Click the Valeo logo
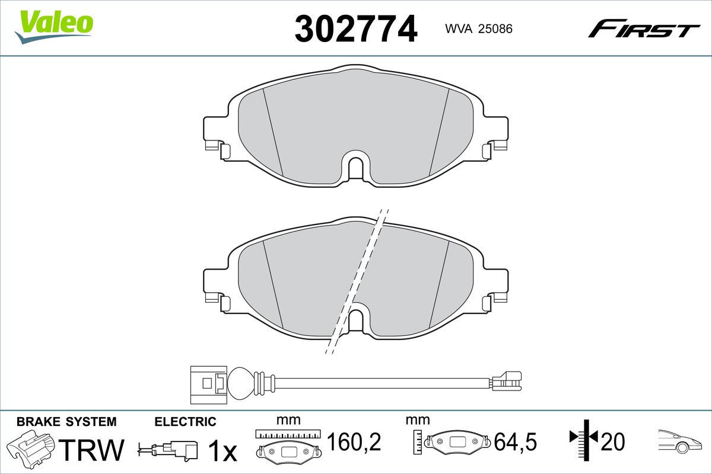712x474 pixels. tap(54, 27)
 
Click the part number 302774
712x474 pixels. tap(355, 29)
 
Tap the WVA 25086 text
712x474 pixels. tap(479, 29)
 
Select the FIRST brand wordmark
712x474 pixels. tap(644, 33)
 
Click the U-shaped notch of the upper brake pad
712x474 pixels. tap(356, 168)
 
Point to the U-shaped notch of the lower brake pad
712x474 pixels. tap(356, 321)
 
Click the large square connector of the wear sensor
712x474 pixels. tap(208, 385)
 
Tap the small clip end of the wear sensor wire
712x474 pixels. tap(506, 380)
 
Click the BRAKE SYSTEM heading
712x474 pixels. tap(66, 422)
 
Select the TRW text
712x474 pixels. tap(91, 450)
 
